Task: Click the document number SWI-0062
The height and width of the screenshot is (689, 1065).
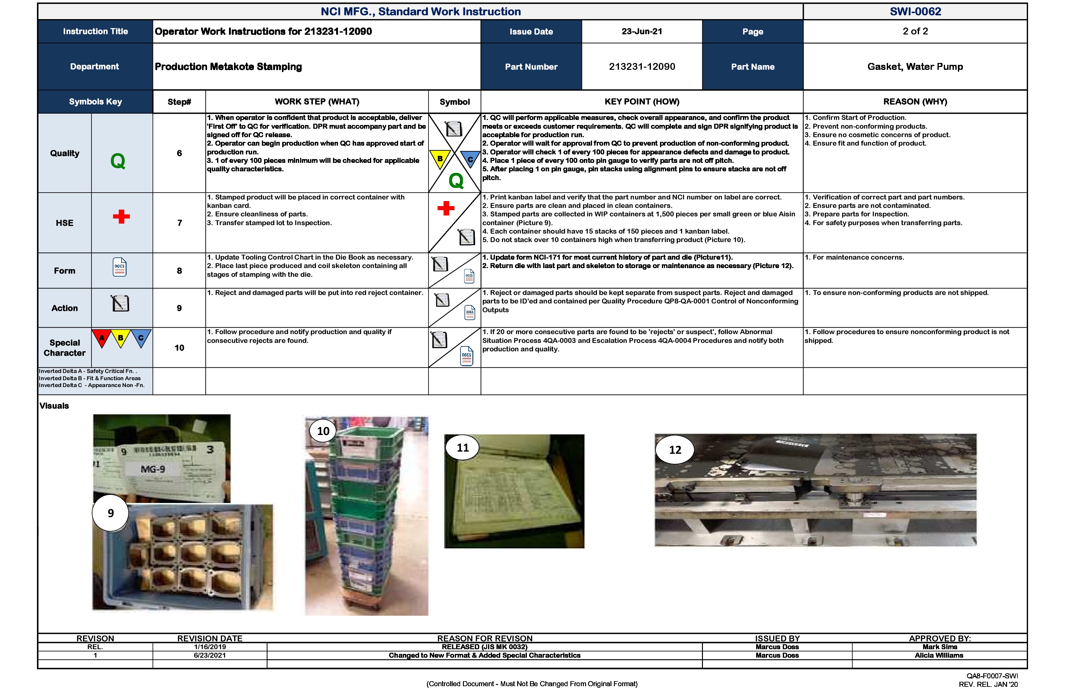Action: coord(915,11)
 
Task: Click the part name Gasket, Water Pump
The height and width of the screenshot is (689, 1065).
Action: coord(915,67)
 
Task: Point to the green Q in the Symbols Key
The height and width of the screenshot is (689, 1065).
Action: coord(118,161)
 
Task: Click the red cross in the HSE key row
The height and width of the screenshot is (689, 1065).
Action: coord(121,216)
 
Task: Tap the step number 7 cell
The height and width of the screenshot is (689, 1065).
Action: coord(179,223)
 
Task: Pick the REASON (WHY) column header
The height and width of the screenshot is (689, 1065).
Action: coord(915,101)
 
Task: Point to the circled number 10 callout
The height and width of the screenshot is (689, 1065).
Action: coord(323,431)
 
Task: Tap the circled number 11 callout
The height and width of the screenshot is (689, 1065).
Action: coord(462,448)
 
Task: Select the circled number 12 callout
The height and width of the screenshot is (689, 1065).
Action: coord(675,450)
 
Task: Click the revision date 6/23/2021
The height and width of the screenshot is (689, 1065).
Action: coord(210,655)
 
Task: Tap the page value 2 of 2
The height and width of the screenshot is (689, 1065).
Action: coord(915,31)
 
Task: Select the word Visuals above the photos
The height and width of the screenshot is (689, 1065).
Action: coord(54,406)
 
